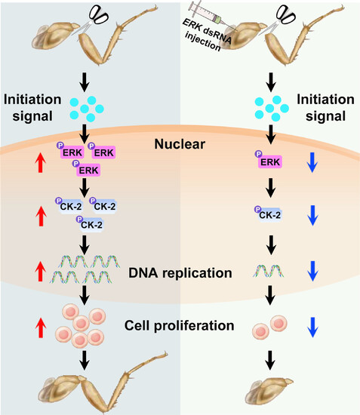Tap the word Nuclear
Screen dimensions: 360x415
pyautogui.click(x=180, y=144)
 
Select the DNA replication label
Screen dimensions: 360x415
pyautogui.click(x=180, y=273)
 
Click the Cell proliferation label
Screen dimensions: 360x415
pyautogui.click(x=179, y=325)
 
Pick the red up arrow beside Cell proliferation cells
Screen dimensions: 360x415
pyautogui.click(x=41, y=327)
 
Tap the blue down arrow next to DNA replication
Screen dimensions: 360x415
pyautogui.click(x=312, y=271)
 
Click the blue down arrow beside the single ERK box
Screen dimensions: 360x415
pyautogui.click(x=312, y=162)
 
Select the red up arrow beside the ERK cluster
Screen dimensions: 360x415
pyautogui.click(x=41, y=162)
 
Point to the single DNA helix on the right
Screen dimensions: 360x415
pyautogui.click(x=269, y=271)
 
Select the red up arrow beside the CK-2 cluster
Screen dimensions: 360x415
pyautogui.click(x=41, y=217)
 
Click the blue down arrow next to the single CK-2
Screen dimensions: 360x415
pyautogui.click(x=312, y=216)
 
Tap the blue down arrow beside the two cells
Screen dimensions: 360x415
pyautogui.click(x=312, y=327)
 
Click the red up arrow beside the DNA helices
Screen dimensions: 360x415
pyautogui.click(x=41, y=272)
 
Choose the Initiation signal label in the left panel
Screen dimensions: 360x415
pyautogui.click(x=32, y=108)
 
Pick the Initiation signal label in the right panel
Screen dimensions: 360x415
pyautogui.click(x=325, y=108)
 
